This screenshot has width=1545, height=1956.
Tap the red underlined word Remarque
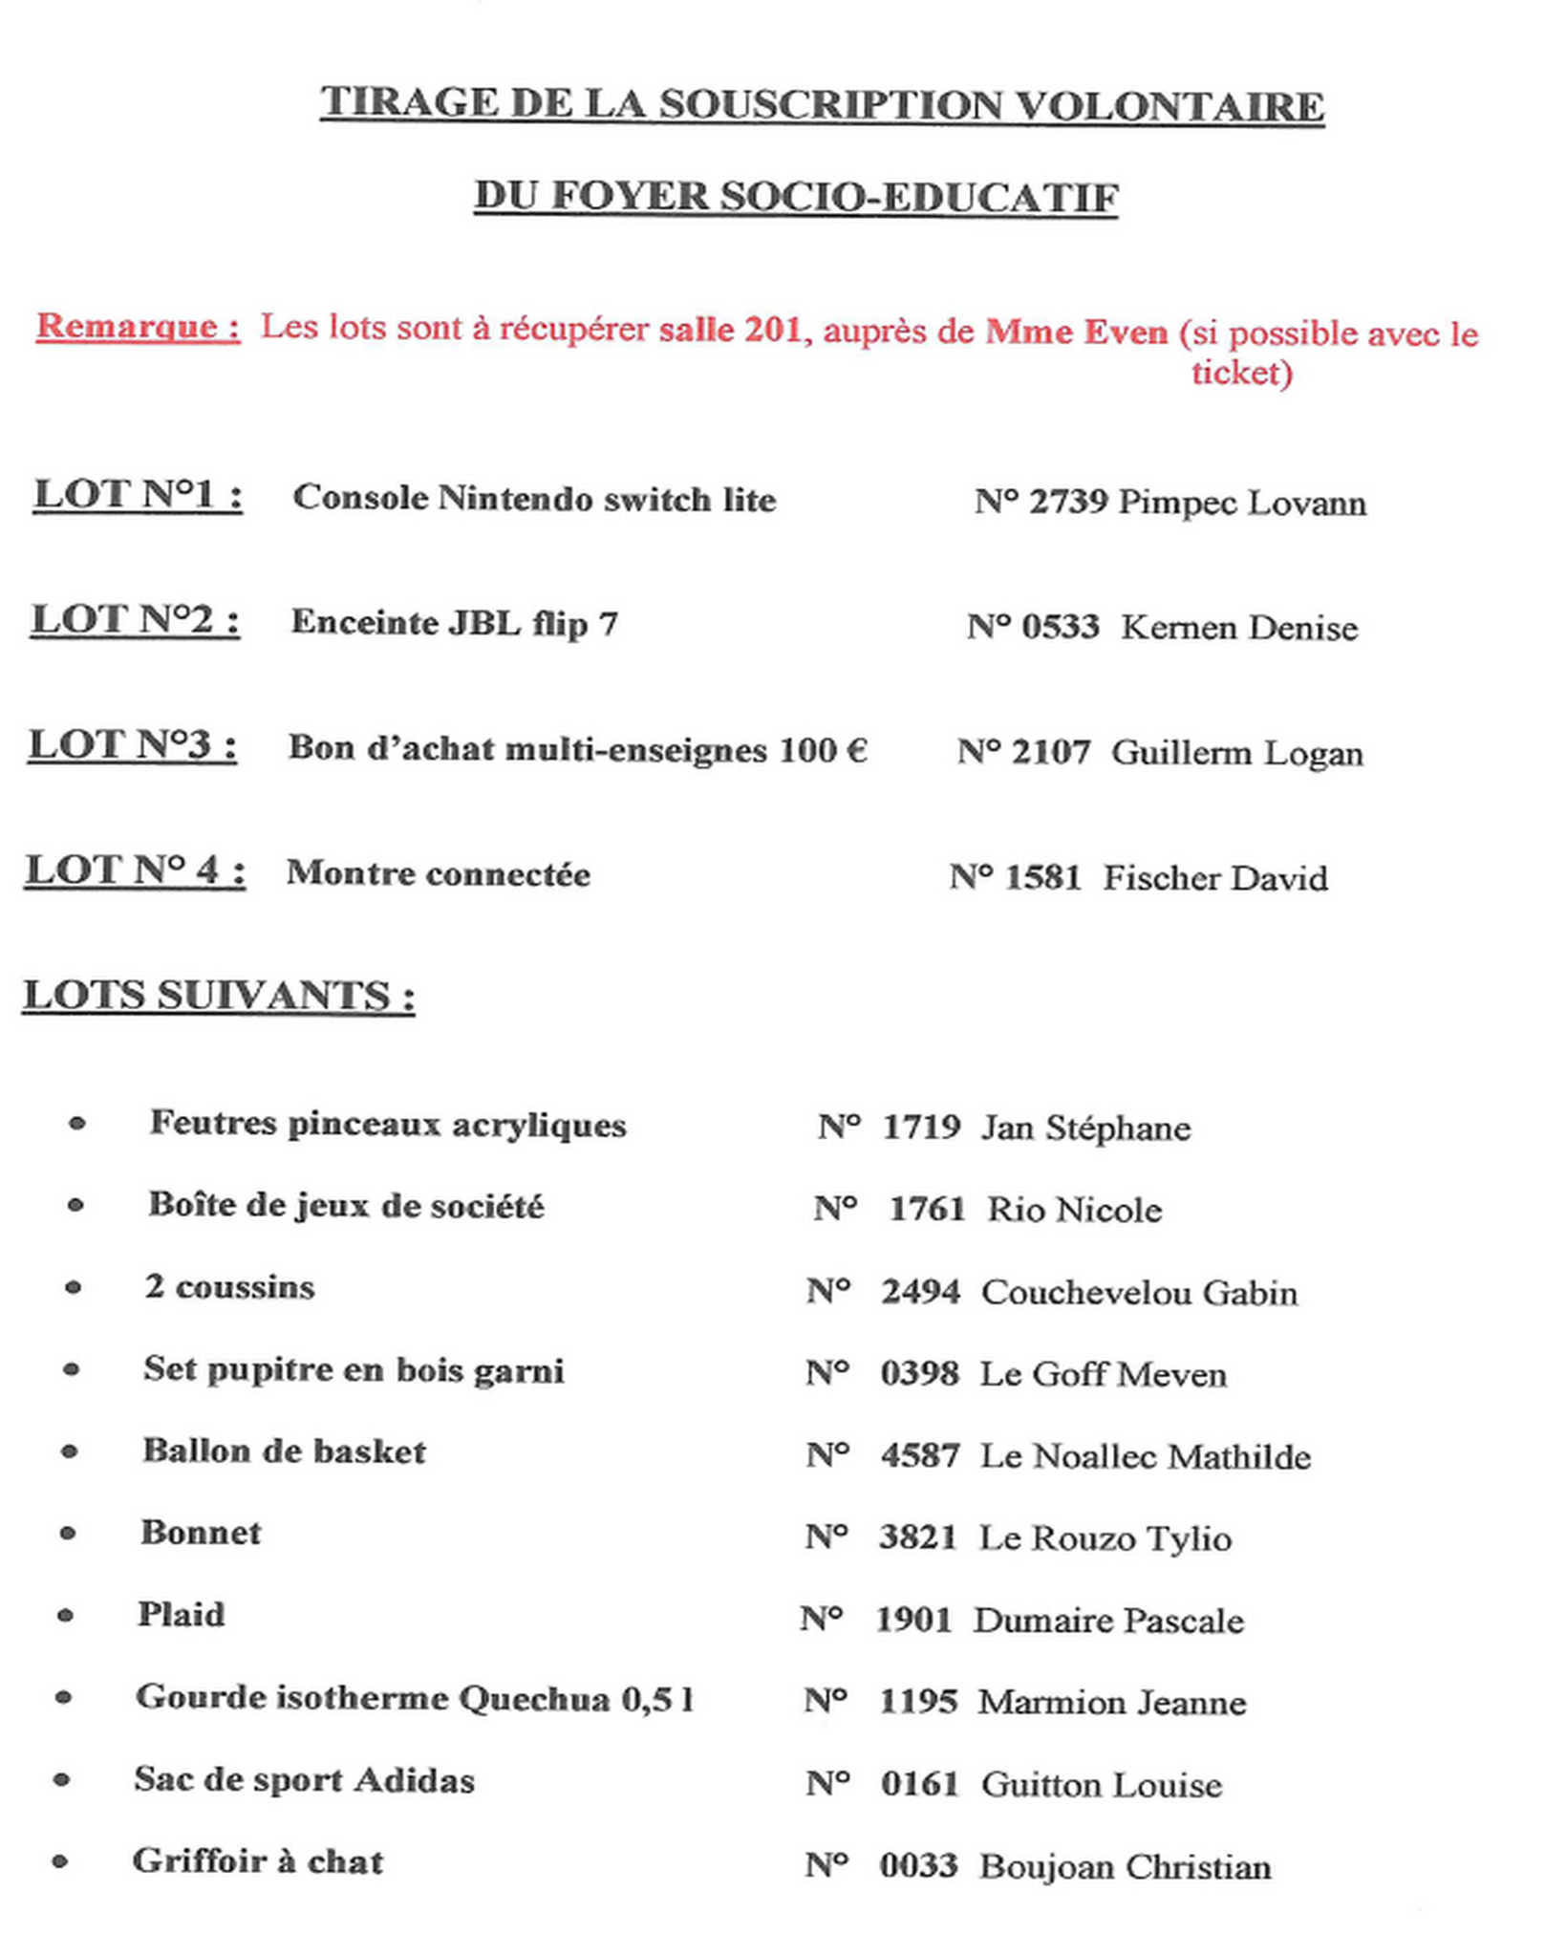(x=138, y=327)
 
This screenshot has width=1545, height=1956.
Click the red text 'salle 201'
(x=729, y=330)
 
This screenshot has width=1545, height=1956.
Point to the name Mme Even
(x=1076, y=333)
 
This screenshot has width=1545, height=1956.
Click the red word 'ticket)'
(x=1241, y=372)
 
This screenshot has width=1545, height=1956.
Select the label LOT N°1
(x=138, y=495)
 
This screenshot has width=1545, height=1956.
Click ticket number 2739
(x=1068, y=502)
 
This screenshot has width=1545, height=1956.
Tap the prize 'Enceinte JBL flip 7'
(x=454, y=623)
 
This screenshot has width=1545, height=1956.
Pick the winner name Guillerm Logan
(x=1236, y=753)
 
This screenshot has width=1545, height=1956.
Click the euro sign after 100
(x=856, y=750)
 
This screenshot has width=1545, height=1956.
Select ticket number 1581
(x=1042, y=877)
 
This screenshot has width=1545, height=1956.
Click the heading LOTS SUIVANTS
(x=219, y=996)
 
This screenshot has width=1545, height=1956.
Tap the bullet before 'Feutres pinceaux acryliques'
(x=77, y=1124)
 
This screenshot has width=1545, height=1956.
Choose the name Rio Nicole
(x=1074, y=1210)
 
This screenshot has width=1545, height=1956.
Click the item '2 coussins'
(x=229, y=1287)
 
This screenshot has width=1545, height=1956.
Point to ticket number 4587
(x=919, y=1455)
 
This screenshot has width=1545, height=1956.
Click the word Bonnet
(x=201, y=1533)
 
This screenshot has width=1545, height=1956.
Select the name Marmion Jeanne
(x=1111, y=1703)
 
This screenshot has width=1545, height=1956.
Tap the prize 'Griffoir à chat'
(x=258, y=1861)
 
